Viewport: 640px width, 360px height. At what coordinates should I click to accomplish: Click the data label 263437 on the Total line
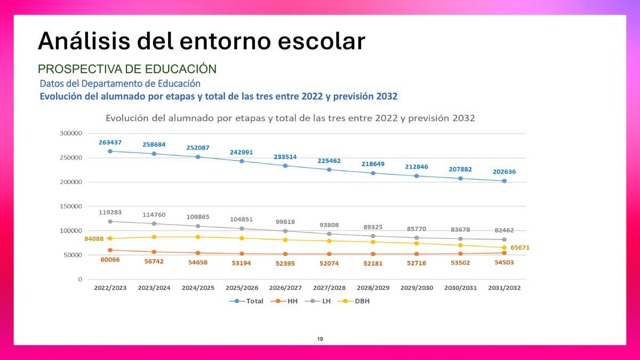click(x=110, y=142)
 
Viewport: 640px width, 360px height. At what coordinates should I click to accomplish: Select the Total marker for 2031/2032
click(x=504, y=181)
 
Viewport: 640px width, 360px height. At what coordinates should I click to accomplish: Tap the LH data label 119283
click(x=110, y=212)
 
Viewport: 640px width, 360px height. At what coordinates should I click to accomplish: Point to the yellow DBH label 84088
click(x=94, y=239)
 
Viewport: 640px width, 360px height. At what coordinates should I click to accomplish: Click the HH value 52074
click(x=329, y=263)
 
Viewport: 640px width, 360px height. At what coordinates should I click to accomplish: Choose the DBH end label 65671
click(x=520, y=248)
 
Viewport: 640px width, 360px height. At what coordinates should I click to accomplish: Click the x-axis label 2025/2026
click(x=242, y=287)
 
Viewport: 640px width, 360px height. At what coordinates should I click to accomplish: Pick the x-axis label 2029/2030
click(x=417, y=287)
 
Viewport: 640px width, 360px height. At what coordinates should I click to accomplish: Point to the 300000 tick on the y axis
click(x=70, y=133)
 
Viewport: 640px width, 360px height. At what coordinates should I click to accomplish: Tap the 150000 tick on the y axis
click(x=70, y=206)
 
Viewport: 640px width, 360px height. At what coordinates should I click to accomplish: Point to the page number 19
click(x=320, y=339)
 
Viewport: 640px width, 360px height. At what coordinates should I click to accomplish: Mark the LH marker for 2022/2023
click(x=110, y=221)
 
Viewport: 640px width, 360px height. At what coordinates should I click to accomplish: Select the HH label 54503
click(x=504, y=262)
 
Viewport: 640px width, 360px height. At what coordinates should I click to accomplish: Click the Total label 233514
click(x=285, y=157)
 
